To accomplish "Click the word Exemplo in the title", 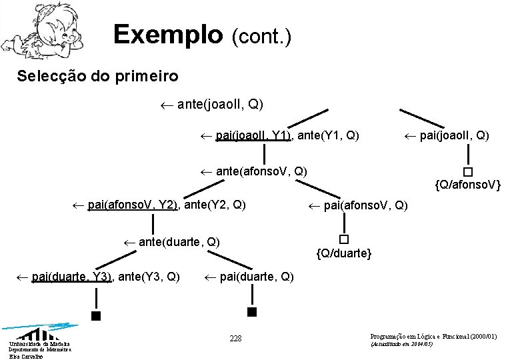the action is pos(167,34).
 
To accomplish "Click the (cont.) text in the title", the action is pos(261,36).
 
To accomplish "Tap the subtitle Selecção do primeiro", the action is pos(97,76).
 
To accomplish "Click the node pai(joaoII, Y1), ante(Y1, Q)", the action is pos(281,136).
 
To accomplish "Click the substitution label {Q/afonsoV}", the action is pos(467,183).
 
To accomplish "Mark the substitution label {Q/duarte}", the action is pos(344,253).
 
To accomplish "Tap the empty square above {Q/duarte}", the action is pos(343,239).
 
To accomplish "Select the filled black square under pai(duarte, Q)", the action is pos(251,311).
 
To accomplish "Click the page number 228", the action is pos(235,339).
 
